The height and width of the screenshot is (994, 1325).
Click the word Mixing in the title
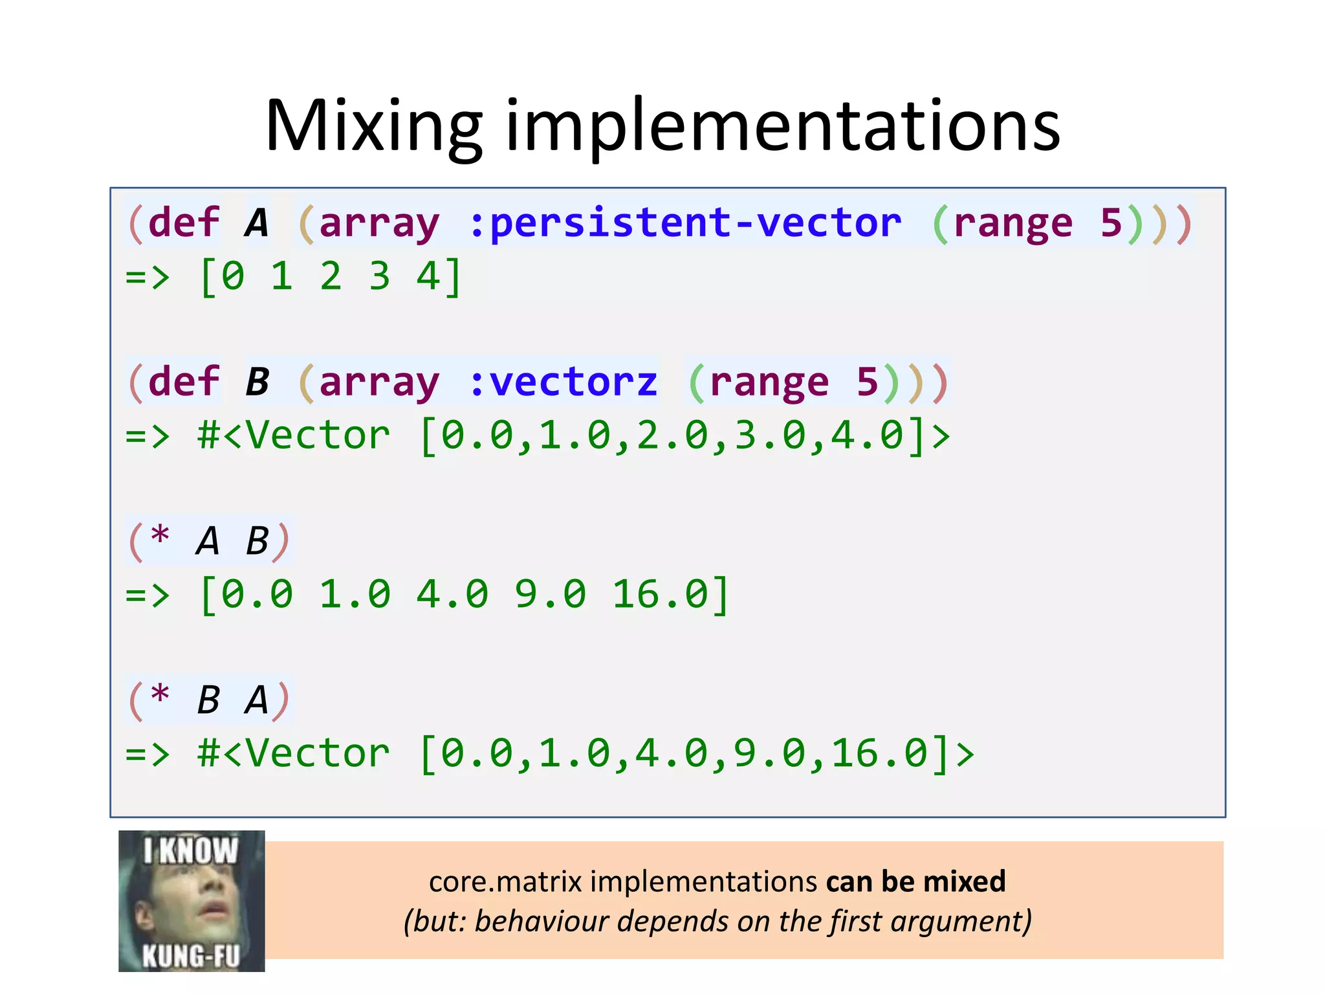[373, 126]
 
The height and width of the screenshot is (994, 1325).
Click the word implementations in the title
[783, 126]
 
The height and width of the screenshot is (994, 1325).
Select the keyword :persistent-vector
[684, 223]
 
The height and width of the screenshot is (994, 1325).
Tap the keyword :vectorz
[563, 382]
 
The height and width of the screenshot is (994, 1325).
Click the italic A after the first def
[257, 223]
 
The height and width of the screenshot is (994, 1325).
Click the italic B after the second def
[257, 382]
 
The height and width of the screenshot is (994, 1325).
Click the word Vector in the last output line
[318, 753]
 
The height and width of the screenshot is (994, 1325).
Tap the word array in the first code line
[379, 223]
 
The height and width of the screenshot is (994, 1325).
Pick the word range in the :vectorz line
[769, 382]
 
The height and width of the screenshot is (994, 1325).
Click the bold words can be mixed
[915, 882]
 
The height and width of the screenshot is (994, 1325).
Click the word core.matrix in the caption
[505, 882]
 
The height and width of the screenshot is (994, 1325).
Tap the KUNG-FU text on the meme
[191, 955]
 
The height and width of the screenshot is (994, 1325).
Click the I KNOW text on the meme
[191, 850]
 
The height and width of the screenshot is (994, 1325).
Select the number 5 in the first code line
[1111, 223]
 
